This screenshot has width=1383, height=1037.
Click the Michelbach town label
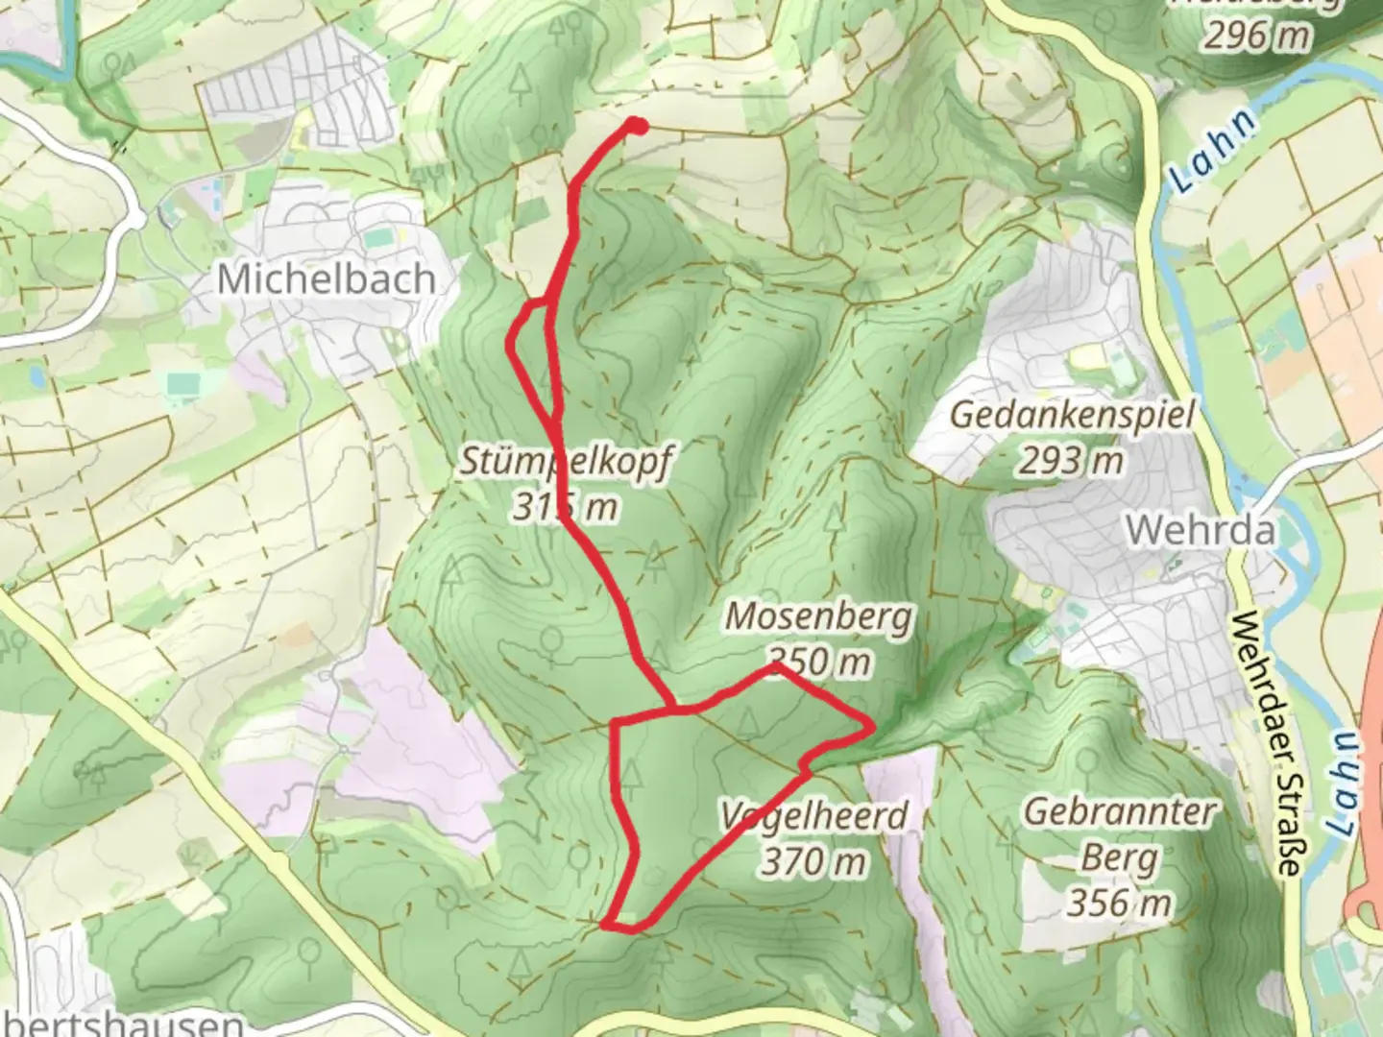point(325,279)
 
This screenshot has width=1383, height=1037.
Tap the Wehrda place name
point(1201,530)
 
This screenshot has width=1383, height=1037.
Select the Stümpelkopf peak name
point(565,461)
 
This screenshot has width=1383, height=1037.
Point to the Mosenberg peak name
point(817,616)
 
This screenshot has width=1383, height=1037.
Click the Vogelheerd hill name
point(813,816)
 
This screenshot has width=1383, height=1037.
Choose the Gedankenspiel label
point(1072,417)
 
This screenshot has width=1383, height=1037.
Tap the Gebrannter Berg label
point(1119,833)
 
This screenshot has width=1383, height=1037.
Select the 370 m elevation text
point(814,862)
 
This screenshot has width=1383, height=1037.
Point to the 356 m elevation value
point(1118,903)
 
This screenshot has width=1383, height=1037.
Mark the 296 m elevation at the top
point(1258,36)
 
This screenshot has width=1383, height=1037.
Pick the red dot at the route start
point(637,124)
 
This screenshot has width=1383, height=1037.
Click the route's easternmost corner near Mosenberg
point(871,726)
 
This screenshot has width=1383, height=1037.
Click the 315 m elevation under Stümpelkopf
point(565,505)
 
